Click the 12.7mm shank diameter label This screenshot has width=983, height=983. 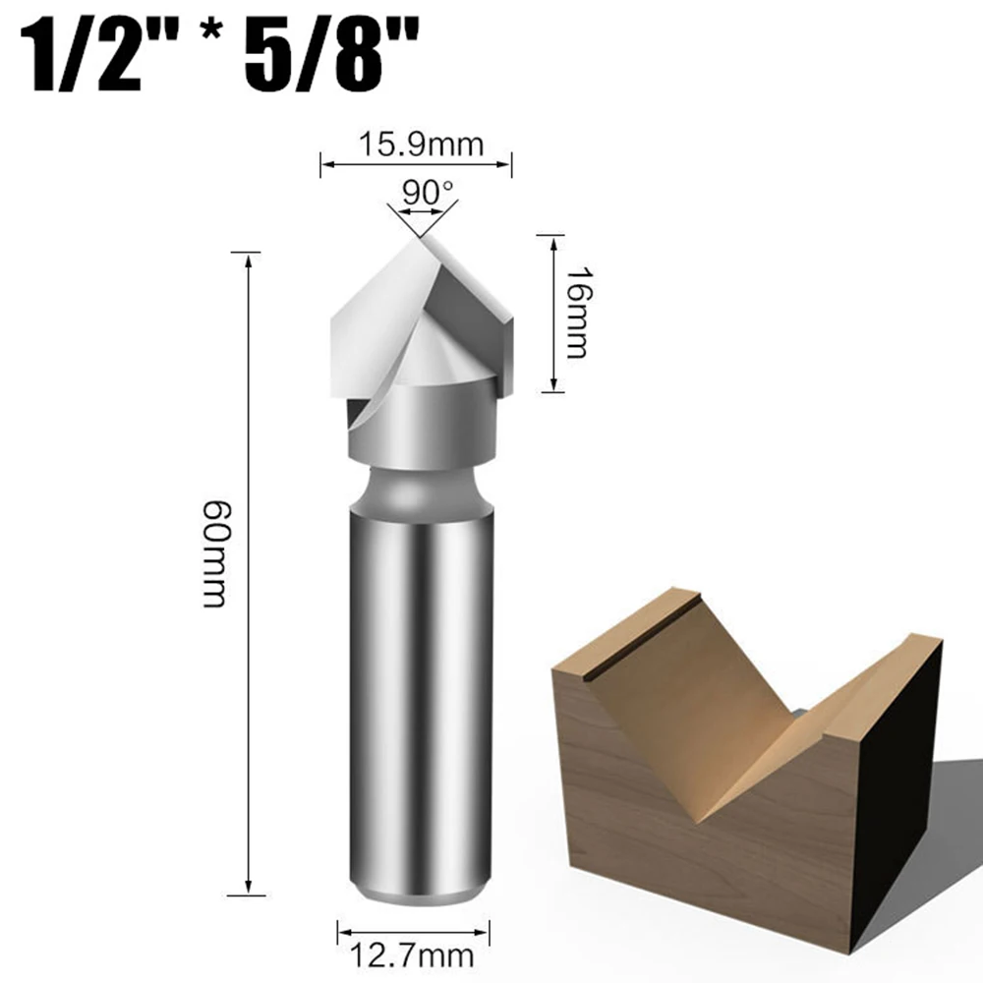click(x=414, y=953)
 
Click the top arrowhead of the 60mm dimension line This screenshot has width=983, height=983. click(x=249, y=259)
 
